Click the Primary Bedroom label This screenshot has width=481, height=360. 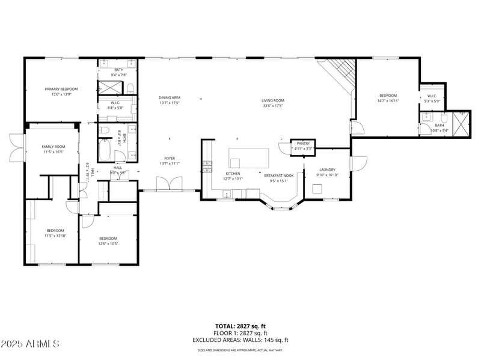(61, 89)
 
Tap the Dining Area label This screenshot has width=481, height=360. (170, 97)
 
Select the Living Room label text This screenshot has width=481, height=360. (272, 100)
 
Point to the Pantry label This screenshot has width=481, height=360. (302, 143)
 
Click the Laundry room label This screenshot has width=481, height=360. (327, 169)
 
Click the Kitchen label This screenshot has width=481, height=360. (233, 173)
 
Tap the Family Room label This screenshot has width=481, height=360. (53, 147)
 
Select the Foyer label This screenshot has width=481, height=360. (170, 159)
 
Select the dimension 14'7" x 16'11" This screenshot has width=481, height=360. (388, 101)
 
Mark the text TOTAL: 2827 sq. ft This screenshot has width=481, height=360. (240, 326)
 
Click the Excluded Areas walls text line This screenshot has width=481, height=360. (240, 340)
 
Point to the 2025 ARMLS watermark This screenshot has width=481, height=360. (30, 344)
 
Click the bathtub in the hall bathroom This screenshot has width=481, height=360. (104, 150)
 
